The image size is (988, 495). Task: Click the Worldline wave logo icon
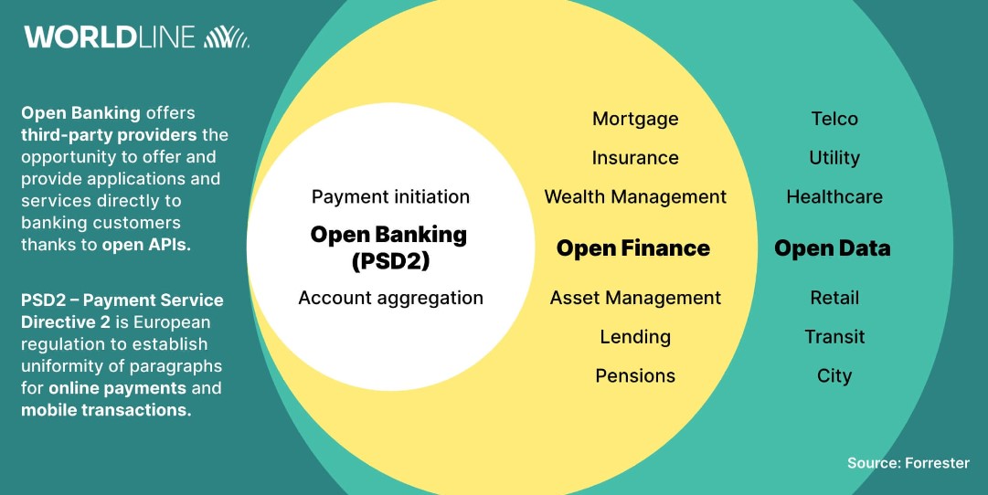(x=226, y=37)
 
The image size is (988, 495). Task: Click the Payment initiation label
(x=390, y=197)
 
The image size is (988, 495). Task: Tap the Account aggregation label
(x=390, y=298)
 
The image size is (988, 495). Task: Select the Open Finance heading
(x=633, y=248)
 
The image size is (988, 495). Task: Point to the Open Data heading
(x=833, y=248)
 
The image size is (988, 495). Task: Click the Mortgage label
(x=635, y=120)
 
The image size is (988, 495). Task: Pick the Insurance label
(x=635, y=158)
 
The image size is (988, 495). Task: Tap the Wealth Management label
(x=635, y=197)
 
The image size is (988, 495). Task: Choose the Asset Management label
(x=635, y=298)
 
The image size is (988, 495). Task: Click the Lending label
(x=635, y=337)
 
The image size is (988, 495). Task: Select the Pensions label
(x=635, y=376)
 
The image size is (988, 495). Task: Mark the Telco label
(x=834, y=119)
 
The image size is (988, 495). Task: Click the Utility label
(x=834, y=158)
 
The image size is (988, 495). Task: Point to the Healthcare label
(x=834, y=197)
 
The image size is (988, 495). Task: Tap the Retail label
(x=834, y=298)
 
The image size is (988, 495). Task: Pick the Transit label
(x=834, y=337)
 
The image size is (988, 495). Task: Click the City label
(x=834, y=376)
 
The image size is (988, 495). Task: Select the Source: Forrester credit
(x=908, y=463)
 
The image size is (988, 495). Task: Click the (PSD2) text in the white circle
(x=390, y=260)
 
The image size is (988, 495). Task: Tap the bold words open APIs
(x=146, y=245)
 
